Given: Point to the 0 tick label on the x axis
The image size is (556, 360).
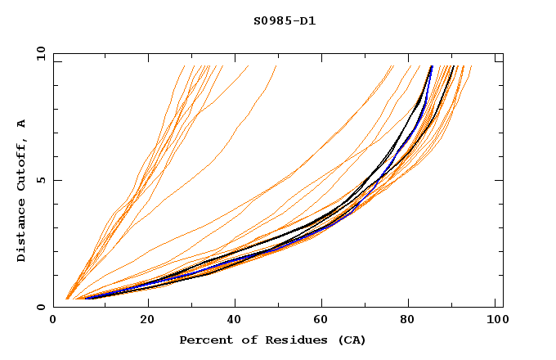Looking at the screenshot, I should click(x=53, y=322).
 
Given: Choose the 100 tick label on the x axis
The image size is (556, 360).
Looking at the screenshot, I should click(x=497, y=322).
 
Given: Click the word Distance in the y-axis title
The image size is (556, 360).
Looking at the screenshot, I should click(x=22, y=232).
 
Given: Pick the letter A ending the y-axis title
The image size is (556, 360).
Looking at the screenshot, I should click(x=22, y=123).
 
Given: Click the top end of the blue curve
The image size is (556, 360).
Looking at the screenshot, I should click(x=432, y=66).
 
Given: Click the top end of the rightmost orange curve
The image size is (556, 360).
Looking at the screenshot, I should click(x=472, y=66).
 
